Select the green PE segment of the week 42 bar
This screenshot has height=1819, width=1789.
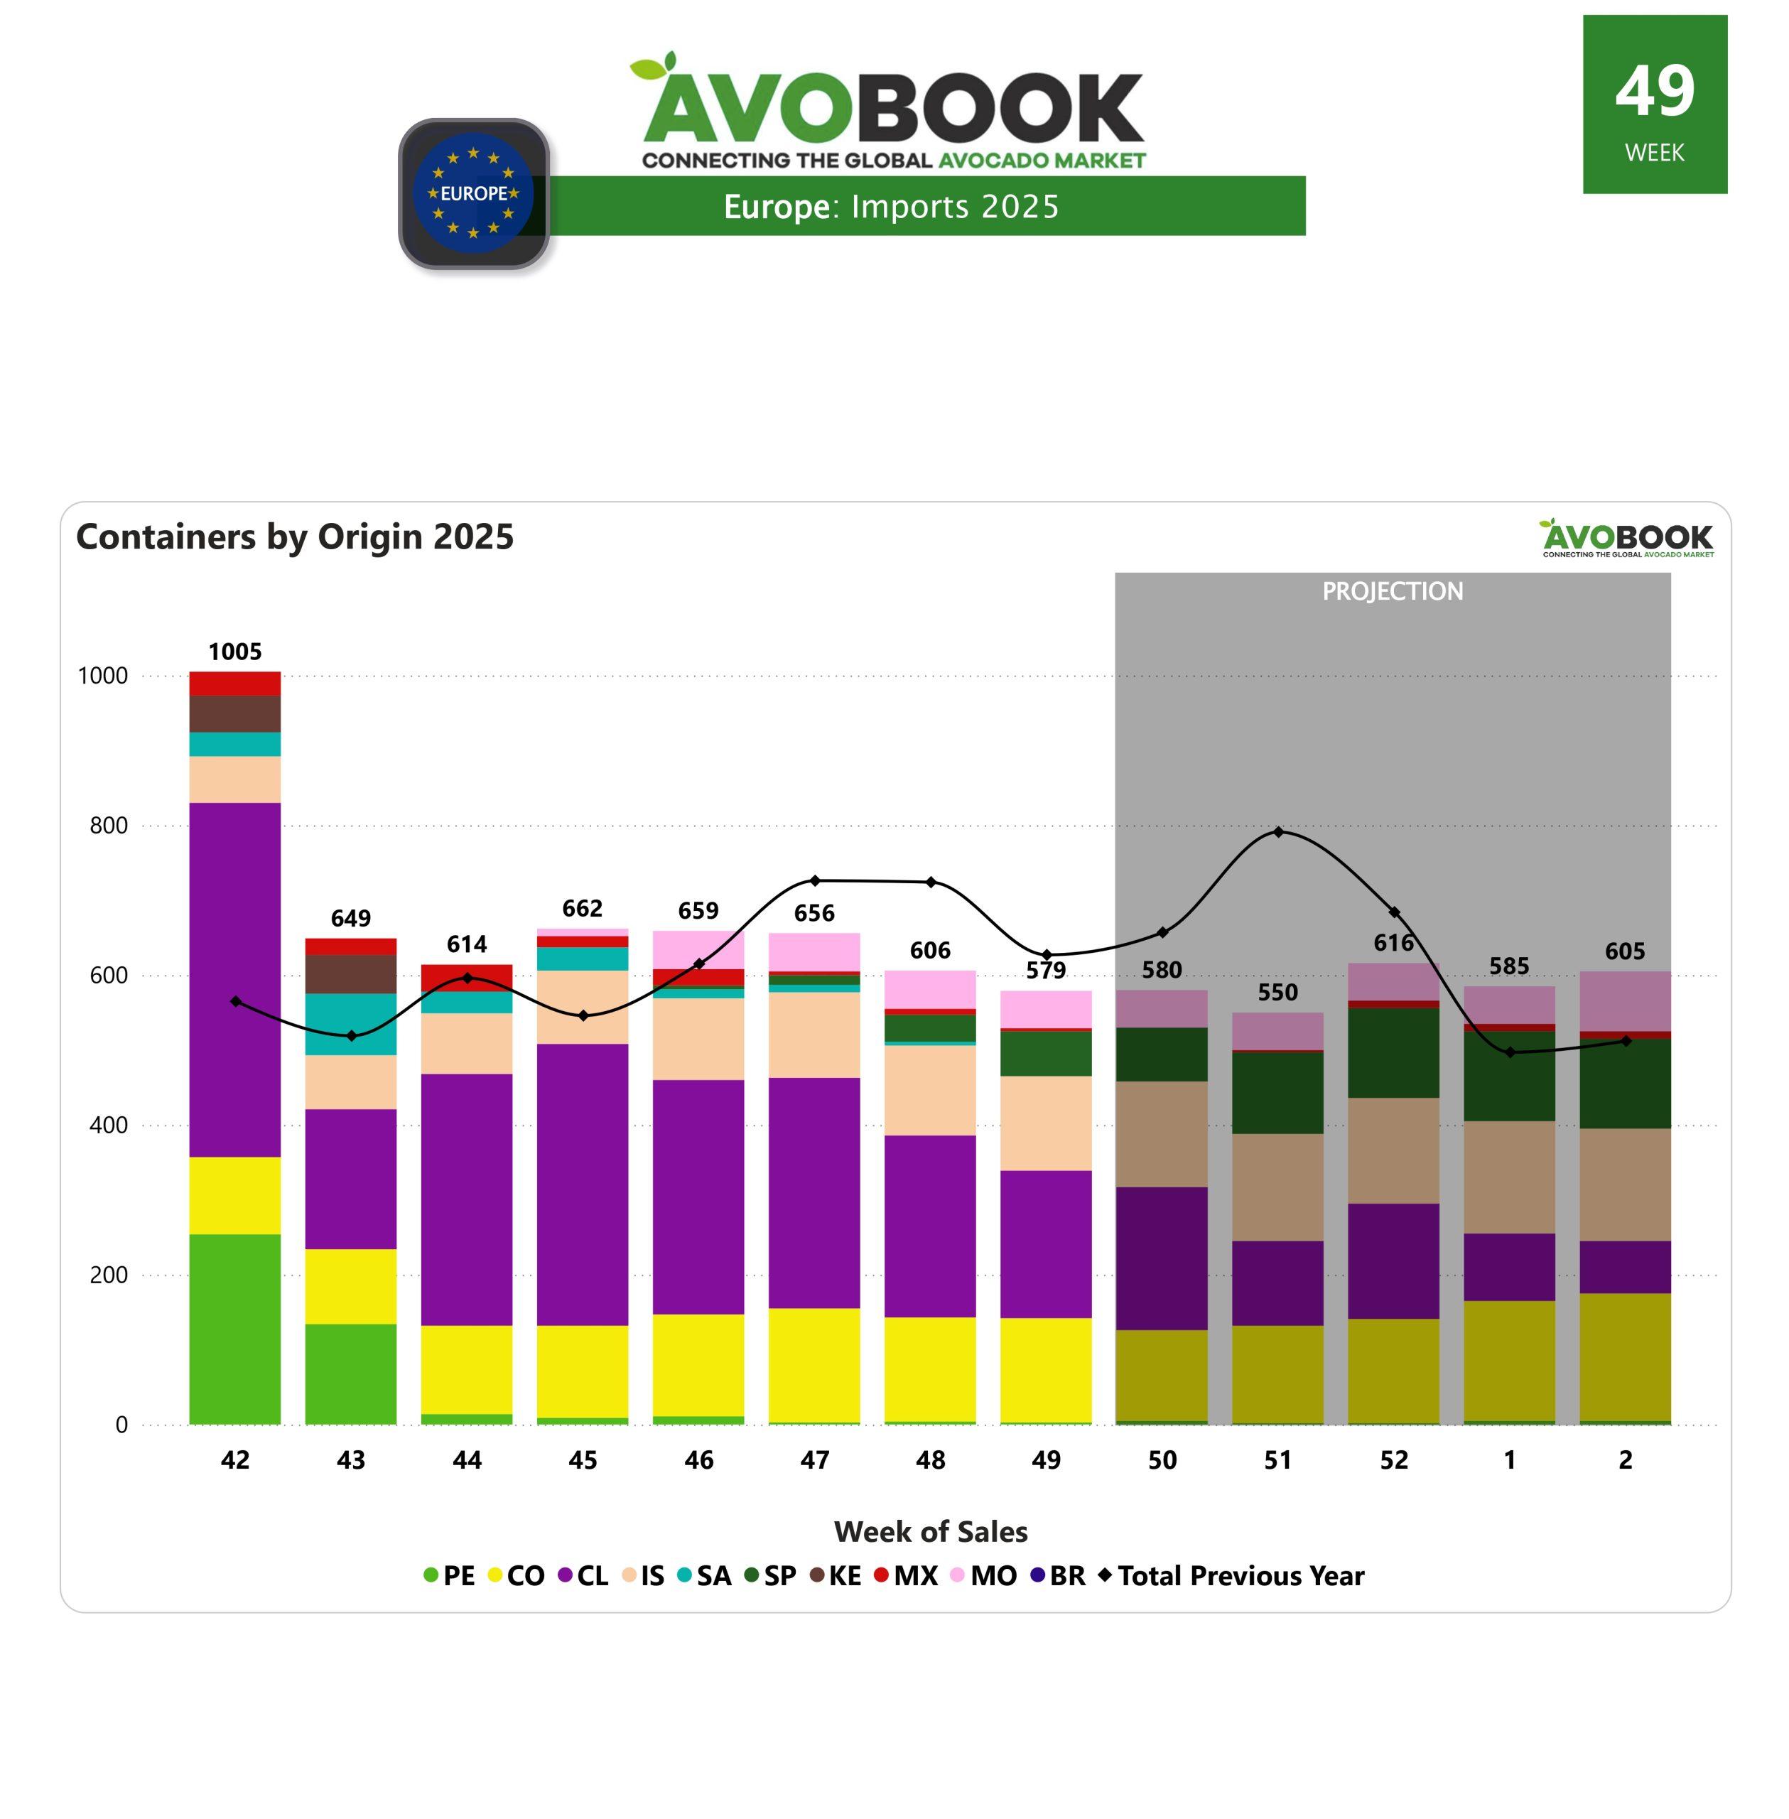235,1329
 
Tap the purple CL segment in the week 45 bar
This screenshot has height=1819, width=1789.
583,1184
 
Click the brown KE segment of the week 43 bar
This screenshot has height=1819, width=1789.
350,973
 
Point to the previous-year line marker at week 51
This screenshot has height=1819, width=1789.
1278,831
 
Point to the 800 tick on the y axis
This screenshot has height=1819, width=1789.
109,825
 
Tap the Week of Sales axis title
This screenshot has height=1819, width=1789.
930,1531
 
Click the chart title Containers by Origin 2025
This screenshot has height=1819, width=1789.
295,536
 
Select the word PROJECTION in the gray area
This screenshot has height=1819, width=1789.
1393,591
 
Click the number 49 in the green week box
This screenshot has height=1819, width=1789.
1655,91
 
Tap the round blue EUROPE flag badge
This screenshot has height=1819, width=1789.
474,193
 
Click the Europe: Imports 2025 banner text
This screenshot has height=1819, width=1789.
891,207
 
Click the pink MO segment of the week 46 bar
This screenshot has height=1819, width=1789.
698,949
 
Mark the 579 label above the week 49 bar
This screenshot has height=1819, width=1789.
1046,970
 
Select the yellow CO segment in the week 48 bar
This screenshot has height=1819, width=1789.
930,1369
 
